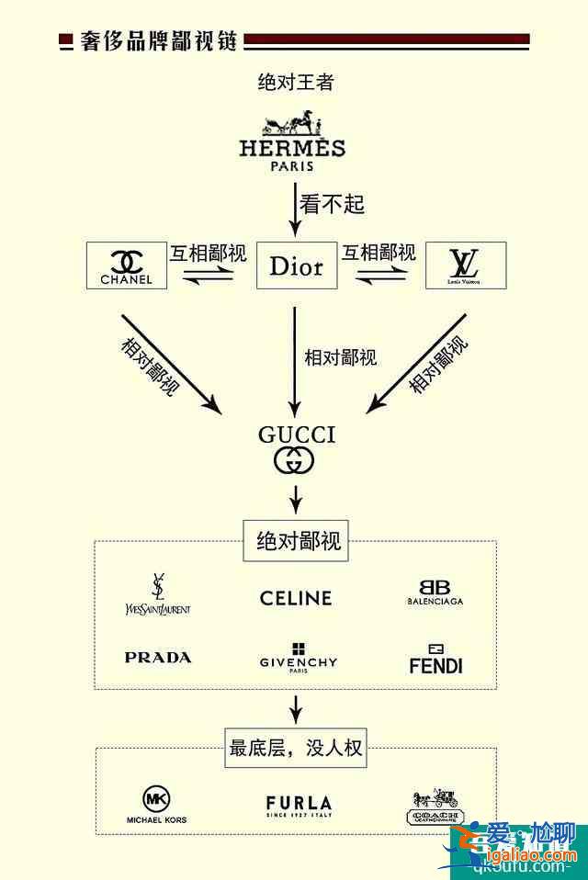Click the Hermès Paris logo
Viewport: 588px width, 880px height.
coord(292,141)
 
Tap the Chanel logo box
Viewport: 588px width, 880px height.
coord(127,265)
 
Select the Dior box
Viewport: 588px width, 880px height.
coord(296,266)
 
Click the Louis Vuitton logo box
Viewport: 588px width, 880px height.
coord(465,265)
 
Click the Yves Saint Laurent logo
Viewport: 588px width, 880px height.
coord(158,594)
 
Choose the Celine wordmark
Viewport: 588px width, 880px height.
coord(296,598)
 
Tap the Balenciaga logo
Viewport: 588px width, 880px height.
coord(435,592)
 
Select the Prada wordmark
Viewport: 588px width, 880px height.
coord(158,658)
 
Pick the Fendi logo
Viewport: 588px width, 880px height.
coord(435,659)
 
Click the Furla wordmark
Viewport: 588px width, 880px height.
coord(299,806)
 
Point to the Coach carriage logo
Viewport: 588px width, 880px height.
coord(435,807)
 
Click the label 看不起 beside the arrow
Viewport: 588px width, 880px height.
coord(331,203)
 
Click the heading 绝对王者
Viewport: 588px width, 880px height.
coord(295,83)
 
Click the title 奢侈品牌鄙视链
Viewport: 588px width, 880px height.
coord(159,41)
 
